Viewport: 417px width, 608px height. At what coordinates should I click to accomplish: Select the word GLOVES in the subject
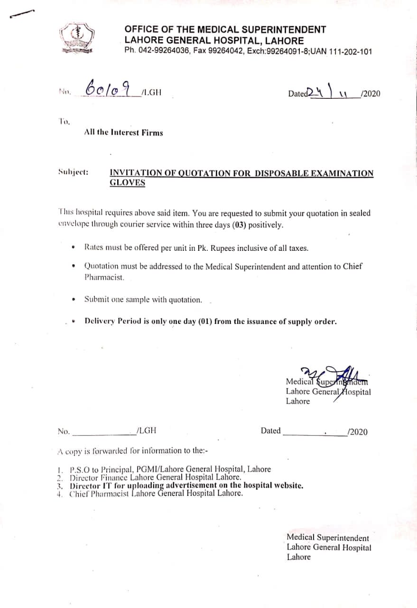click(x=127, y=183)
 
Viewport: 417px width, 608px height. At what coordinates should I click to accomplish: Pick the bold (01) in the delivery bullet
click(x=202, y=321)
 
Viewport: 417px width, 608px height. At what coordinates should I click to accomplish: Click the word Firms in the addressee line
click(x=152, y=133)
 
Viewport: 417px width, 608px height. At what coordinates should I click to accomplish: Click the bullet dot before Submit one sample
click(x=73, y=300)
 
